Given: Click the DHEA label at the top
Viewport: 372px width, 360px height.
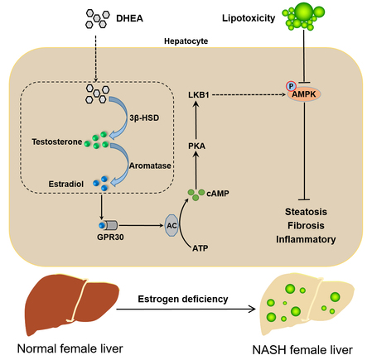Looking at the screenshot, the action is (x=129, y=18).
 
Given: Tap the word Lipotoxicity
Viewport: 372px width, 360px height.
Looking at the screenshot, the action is (x=249, y=18).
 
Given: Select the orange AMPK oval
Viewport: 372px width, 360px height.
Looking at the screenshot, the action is (x=304, y=94).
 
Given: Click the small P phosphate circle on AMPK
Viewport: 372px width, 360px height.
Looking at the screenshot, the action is (x=291, y=86).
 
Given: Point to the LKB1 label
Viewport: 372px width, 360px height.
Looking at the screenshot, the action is (x=199, y=95).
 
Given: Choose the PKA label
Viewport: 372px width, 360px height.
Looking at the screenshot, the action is (x=196, y=146).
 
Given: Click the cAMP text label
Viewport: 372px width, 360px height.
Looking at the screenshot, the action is (x=218, y=194).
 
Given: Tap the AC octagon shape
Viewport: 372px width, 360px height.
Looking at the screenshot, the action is (x=172, y=225).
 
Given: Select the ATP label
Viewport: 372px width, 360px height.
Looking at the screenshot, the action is (x=200, y=248).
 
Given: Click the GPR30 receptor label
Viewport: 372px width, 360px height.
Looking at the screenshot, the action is (x=110, y=237).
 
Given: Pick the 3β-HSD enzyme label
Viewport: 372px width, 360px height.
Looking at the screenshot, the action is (x=144, y=118).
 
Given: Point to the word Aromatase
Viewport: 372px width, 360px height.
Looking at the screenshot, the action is (x=150, y=166).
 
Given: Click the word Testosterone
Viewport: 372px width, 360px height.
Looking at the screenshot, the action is (x=57, y=142).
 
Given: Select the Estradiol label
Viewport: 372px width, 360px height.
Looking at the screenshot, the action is (x=66, y=184).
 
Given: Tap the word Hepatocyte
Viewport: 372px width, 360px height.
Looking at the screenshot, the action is (x=186, y=41).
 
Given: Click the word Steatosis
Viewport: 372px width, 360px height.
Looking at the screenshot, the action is (x=306, y=212).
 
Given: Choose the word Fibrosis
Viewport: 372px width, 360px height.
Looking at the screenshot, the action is (x=306, y=225).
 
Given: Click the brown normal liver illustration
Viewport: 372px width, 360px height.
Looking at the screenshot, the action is (x=72, y=304).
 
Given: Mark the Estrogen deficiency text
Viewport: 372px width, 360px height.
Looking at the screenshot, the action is (x=183, y=299).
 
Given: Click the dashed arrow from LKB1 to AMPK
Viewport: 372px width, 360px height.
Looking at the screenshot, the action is (x=249, y=95).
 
